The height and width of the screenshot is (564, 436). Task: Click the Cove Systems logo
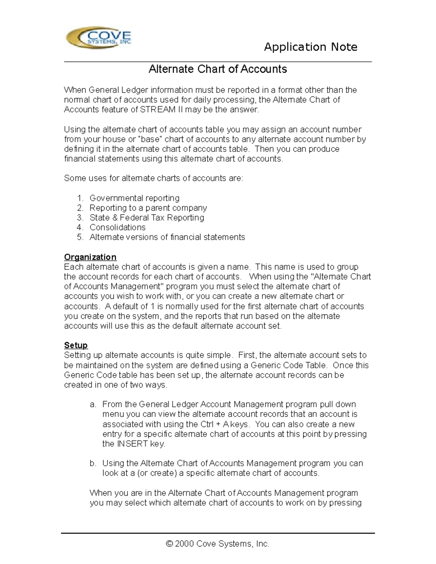pyautogui.click(x=98, y=38)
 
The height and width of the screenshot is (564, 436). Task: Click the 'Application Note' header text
pyautogui.click(x=310, y=47)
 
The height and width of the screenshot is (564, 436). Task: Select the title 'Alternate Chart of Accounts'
pyautogui.click(x=218, y=69)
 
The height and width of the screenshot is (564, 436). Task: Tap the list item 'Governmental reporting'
pyautogui.click(x=134, y=198)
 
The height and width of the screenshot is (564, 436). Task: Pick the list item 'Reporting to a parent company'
pyautogui.click(x=148, y=208)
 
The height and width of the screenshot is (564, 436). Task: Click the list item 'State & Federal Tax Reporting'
pyautogui.click(x=147, y=218)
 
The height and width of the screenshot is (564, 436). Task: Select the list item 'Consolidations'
pyautogui.click(x=117, y=227)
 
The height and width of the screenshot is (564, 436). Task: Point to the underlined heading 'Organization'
pyautogui.click(x=90, y=257)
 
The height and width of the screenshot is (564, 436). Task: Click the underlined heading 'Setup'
pyautogui.click(x=76, y=345)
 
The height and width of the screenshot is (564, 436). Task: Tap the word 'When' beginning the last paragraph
pyautogui.click(x=101, y=493)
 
